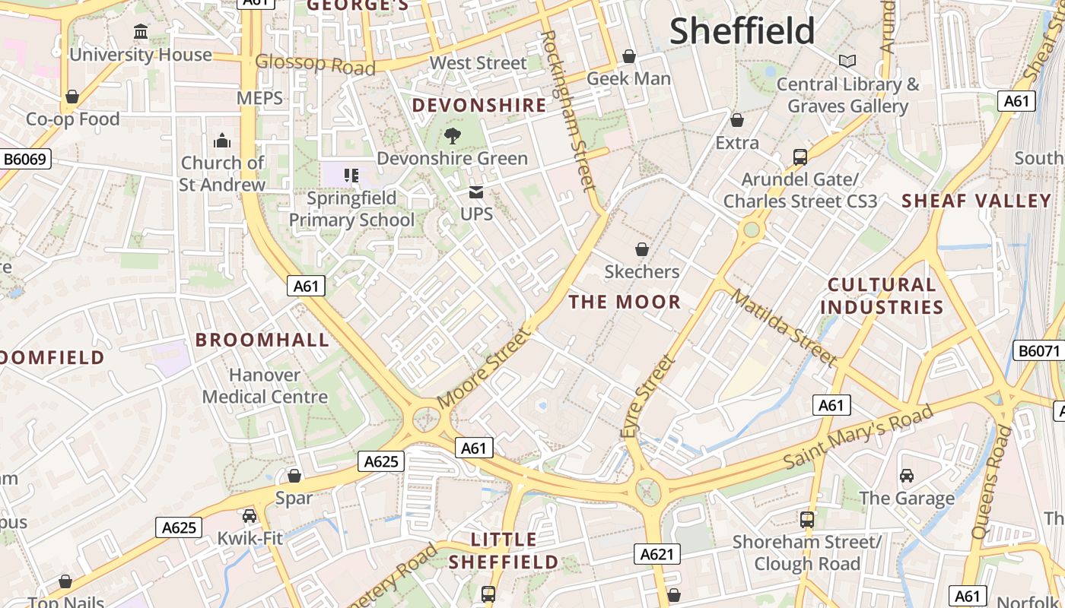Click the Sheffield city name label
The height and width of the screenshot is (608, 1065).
click(742, 31)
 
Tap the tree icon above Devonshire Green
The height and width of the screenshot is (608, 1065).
click(453, 136)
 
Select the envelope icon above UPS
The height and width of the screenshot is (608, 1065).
click(476, 192)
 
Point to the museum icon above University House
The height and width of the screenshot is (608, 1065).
click(141, 32)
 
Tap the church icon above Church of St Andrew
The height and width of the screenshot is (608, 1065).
click(222, 141)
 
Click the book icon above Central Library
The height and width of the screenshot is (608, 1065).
click(847, 61)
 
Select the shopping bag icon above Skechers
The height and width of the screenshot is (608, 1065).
click(641, 249)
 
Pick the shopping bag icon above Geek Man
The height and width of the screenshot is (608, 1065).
click(629, 56)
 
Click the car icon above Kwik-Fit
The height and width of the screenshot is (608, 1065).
click(250, 516)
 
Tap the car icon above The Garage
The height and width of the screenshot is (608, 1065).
click(906, 476)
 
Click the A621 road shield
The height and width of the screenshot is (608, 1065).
click(656, 554)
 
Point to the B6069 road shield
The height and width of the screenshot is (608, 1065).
click(26, 159)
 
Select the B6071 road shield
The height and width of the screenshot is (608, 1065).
click(1039, 350)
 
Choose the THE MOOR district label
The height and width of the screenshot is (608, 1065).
click(625, 302)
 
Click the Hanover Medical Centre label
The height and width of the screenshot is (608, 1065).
click(265, 385)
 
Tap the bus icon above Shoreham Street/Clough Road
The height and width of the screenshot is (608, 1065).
click(807, 520)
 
